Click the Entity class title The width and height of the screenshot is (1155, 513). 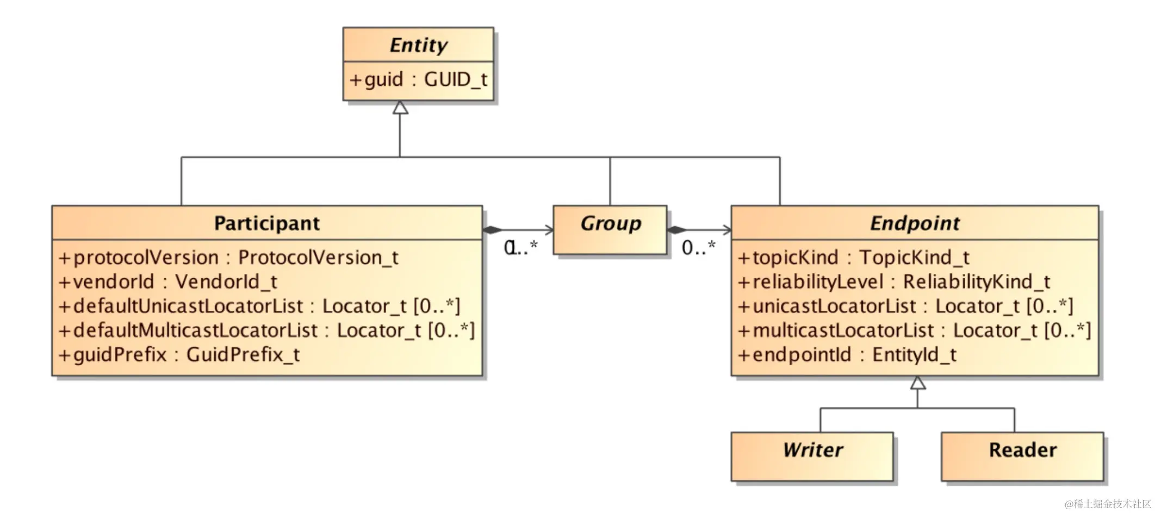(x=418, y=45)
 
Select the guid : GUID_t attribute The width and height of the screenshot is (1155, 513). (x=418, y=80)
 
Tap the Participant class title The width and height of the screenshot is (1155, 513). (x=266, y=223)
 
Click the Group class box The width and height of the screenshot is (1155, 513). (x=610, y=230)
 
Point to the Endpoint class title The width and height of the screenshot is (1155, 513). (x=915, y=223)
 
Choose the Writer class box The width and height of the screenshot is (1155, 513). (x=812, y=456)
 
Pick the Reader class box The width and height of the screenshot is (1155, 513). (x=1022, y=456)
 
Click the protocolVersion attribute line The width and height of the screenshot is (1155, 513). (x=228, y=258)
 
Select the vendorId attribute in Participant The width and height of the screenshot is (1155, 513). (x=168, y=282)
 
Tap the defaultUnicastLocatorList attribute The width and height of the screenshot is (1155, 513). (x=259, y=306)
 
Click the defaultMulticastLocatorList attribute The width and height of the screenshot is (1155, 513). (x=266, y=330)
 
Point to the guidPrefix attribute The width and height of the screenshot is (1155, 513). (x=179, y=355)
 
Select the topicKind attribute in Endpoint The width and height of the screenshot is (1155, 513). (x=853, y=258)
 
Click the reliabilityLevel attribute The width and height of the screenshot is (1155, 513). (x=893, y=282)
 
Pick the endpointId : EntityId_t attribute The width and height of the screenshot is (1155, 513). (x=847, y=355)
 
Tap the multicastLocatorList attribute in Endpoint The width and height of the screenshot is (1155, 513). (x=914, y=330)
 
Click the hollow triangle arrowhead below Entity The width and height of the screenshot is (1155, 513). (x=400, y=108)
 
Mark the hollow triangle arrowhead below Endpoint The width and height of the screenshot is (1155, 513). (x=918, y=383)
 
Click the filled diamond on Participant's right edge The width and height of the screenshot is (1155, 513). (x=493, y=230)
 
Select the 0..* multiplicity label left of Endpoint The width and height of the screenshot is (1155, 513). (x=699, y=248)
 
